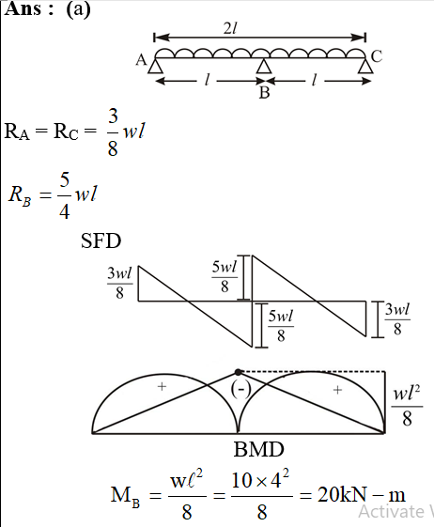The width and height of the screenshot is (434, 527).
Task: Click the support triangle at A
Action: (x=155, y=66)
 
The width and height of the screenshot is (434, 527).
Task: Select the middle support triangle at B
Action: (x=264, y=66)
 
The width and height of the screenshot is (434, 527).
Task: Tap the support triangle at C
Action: (x=365, y=66)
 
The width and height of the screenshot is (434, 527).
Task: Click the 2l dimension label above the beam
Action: (x=230, y=29)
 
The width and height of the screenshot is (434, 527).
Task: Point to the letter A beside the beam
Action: (x=142, y=60)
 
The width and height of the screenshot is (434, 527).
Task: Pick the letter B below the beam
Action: (x=265, y=92)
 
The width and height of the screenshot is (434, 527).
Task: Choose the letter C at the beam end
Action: (x=377, y=56)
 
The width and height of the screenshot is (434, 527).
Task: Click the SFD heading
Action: (x=101, y=240)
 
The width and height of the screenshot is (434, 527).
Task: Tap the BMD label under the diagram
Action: (x=259, y=449)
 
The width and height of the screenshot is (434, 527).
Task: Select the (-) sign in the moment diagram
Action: (x=241, y=389)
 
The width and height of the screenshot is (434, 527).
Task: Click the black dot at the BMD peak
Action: (x=238, y=372)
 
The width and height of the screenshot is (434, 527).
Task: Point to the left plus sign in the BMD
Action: (x=162, y=386)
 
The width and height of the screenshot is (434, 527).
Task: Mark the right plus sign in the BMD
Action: (x=337, y=390)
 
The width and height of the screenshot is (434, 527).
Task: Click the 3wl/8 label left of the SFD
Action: (x=119, y=283)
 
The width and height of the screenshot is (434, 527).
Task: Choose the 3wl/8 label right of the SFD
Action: (x=397, y=318)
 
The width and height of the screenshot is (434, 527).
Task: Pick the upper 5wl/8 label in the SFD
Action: (x=225, y=276)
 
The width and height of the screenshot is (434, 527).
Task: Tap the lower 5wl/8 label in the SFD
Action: (x=281, y=326)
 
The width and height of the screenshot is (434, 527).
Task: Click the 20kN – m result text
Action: (x=362, y=495)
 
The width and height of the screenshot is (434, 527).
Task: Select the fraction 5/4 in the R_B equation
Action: (x=65, y=195)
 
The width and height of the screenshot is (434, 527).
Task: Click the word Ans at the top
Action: (x=23, y=9)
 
